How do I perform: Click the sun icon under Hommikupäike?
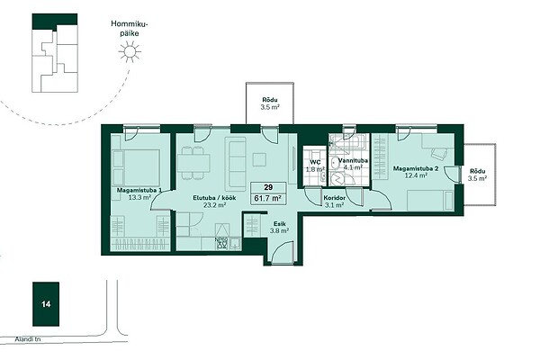130,51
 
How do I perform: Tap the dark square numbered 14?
46,304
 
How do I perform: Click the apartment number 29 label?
268,187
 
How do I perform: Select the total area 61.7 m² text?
268,198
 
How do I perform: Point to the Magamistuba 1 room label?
139,190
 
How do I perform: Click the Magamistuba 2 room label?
416,169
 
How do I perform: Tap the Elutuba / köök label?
214,198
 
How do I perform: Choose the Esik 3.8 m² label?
279,228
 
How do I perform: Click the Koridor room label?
334,198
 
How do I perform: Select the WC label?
315,162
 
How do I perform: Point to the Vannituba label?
353,161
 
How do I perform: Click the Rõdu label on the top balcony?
270,100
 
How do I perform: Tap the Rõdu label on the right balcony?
477,171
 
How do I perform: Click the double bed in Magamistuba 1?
137,167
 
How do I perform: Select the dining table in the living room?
193,163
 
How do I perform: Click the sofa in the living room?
236,164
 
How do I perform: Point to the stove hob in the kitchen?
221,244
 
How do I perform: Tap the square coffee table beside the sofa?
259,159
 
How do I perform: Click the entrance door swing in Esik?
283,251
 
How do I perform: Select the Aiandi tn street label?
28,339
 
